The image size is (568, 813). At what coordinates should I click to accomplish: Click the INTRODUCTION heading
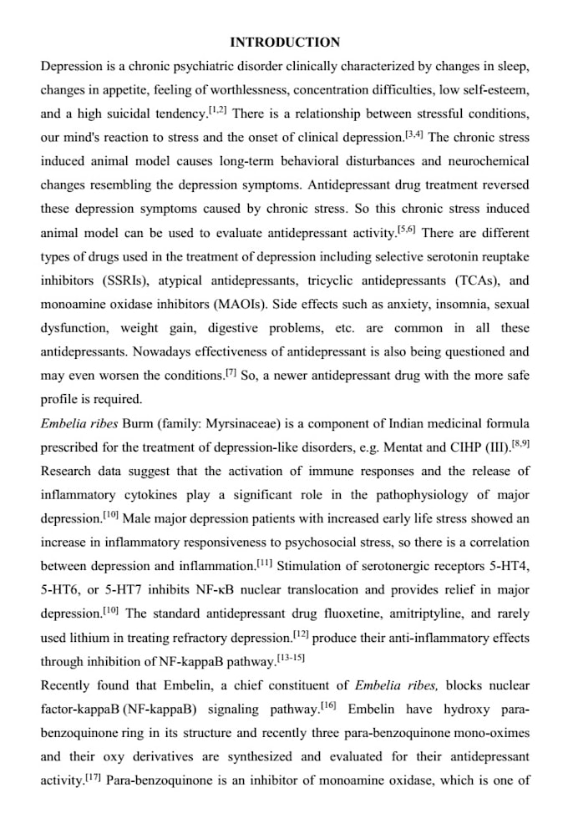[x=285, y=42]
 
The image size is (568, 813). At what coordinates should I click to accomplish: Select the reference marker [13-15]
[x=292, y=658]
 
